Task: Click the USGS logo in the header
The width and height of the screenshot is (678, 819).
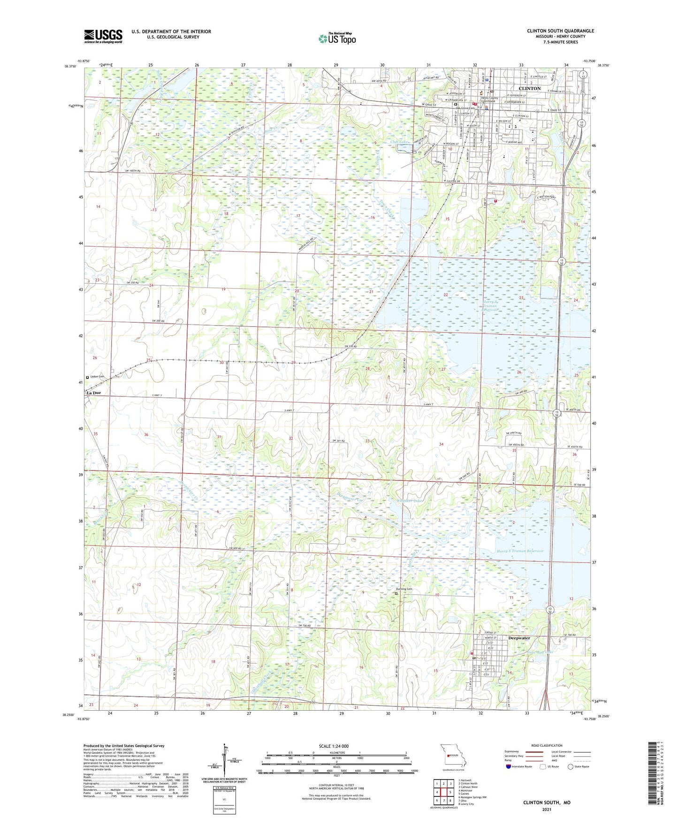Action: pos(103,36)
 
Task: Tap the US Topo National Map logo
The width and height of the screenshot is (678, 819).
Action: pos(337,38)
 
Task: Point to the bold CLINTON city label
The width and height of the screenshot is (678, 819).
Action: pos(529,88)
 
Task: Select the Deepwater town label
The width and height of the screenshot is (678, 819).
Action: pos(519,638)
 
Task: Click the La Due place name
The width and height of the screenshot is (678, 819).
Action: pos(92,393)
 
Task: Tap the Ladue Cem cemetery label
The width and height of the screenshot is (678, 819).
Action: pos(97,377)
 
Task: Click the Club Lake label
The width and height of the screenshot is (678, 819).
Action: pos(400,142)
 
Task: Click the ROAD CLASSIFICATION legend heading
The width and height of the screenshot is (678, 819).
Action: pos(546,745)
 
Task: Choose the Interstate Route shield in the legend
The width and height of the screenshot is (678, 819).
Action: pos(509,766)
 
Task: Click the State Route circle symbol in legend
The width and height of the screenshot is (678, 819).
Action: pos(571,766)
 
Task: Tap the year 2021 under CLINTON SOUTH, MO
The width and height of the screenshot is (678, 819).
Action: pos(546,809)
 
